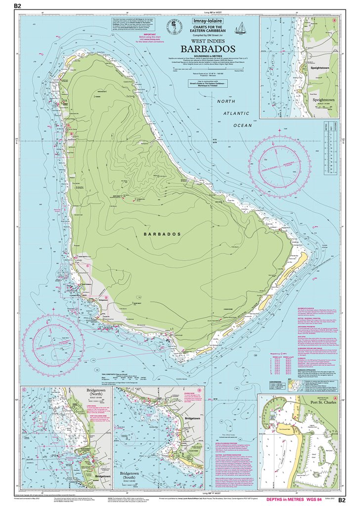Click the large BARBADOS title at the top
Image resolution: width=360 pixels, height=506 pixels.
tap(207, 49)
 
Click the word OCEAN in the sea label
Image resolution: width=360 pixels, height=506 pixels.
tap(242, 126)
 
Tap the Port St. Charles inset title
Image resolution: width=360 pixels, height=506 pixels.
tap(318, 401)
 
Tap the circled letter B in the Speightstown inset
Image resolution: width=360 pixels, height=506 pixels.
tap(334, 21)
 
